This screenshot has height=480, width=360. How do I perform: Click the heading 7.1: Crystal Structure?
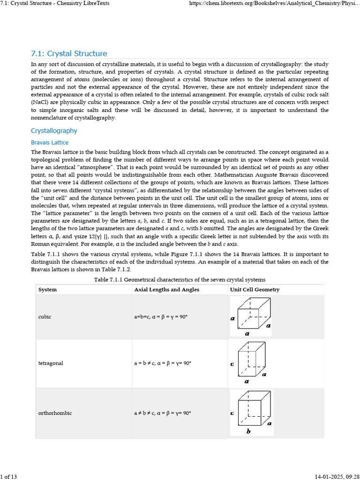[69, 53]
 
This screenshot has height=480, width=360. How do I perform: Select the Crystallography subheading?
[54, 131]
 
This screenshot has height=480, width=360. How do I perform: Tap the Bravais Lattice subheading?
[49, 142]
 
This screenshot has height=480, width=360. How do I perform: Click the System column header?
[47, 290]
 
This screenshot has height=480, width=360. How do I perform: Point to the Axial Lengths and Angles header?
[166, 290]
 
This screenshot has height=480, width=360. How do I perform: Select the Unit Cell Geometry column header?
[255, 290]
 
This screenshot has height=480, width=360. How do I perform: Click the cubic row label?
[45, 317]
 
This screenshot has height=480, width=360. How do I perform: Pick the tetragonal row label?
[51, 363]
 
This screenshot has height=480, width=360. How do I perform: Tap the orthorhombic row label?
[55, 413]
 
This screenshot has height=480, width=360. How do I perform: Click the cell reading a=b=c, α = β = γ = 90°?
[161, 317]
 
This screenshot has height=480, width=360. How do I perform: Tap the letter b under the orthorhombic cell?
[248, 432]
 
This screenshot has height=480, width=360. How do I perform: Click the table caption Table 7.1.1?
[180, 279]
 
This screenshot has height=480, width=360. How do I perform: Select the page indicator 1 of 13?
[9, 477]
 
